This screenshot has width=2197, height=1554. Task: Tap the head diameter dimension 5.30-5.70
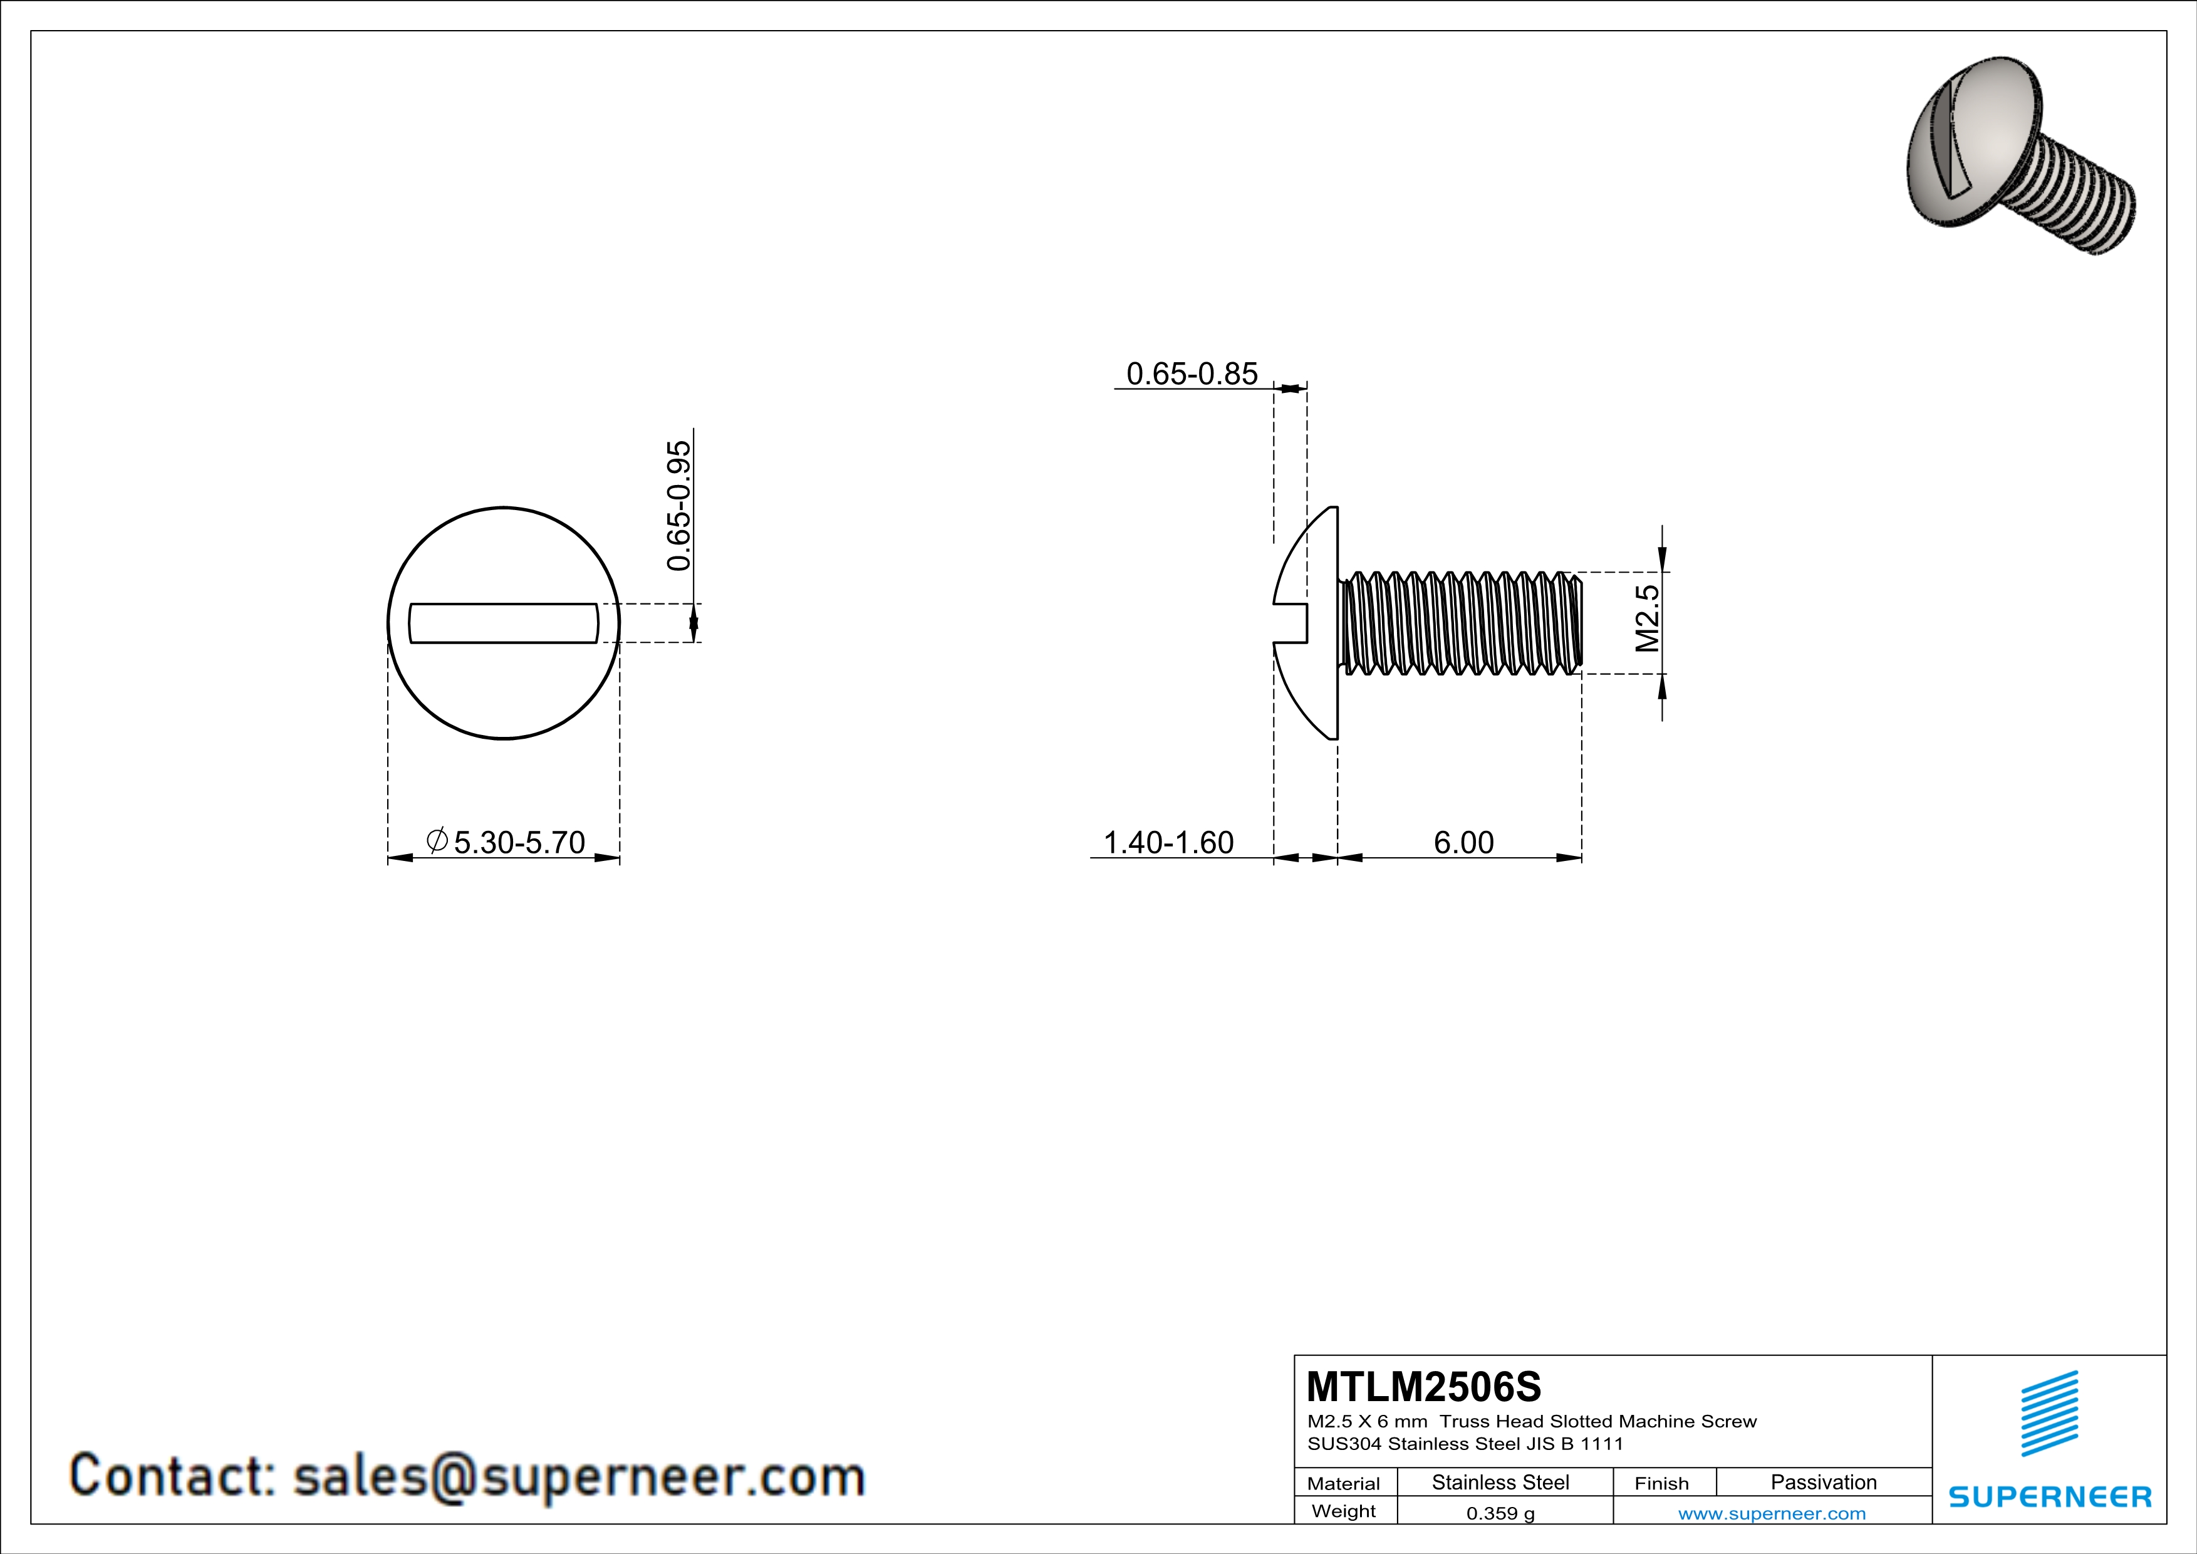pyautogui.click(x=519, y=842)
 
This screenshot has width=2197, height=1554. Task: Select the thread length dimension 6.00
pyautogui.click(x=1463, y=842)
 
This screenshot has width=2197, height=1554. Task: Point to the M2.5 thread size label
pyautogui.click(x=1647, y=618)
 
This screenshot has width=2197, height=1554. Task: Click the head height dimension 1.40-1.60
pyautogui.click(x=1168, y=842)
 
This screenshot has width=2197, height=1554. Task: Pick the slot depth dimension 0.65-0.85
pyautogui.click(x=1192, y=373)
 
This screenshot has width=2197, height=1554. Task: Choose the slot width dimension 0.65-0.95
pyautogui.click(x=678, y=505)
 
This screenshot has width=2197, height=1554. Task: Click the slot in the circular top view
pyautogui.click(x=503, y=623)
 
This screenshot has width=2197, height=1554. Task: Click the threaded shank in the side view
pyautogui.click(x=1459, y=623)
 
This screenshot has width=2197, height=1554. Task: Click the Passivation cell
pyautogui.click(x=1823, y=1482)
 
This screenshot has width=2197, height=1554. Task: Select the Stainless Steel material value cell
pyautogui.click(x=1500, y=1482)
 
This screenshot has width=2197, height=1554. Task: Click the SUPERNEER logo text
pyautogui.click(x=2050, y=1496)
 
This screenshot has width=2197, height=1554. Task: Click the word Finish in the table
pyautogui.click(x=1661, y=1483)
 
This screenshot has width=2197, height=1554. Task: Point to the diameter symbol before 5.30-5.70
pyautogui.click(x=437, y=840)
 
